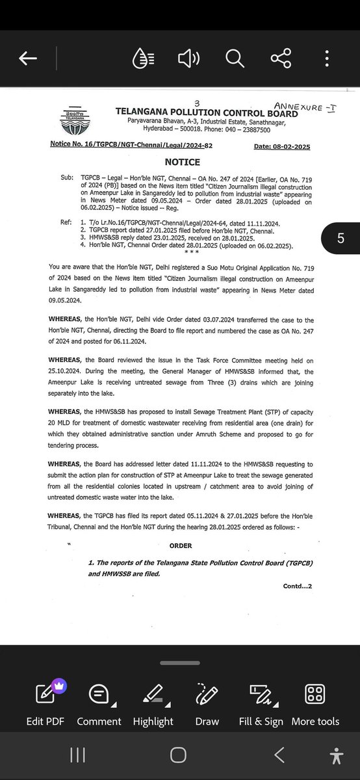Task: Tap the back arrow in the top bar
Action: pyautogui.click(x=27, y=59)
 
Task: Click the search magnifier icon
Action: pyautogui.click(x=234, y=59)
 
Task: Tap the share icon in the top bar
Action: pyautogui.click(x=281, y=59)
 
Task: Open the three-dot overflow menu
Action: pyautogui.click(x=327, y=59)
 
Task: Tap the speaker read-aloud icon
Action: pyautogui.click(x=188, y=59)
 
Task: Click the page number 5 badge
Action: pyautogui.click(x=341, y=239)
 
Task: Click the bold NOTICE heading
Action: pyautogui.click(x=182, y=162)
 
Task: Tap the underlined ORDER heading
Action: pyautogui.click(x=181, y=546)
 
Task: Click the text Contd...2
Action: pyautogui.click(x=298, y=586)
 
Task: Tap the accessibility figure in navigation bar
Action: pyautogui.click(x=335, y=755)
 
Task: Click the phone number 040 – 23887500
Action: pyautogui.click(x=261, y=130)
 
